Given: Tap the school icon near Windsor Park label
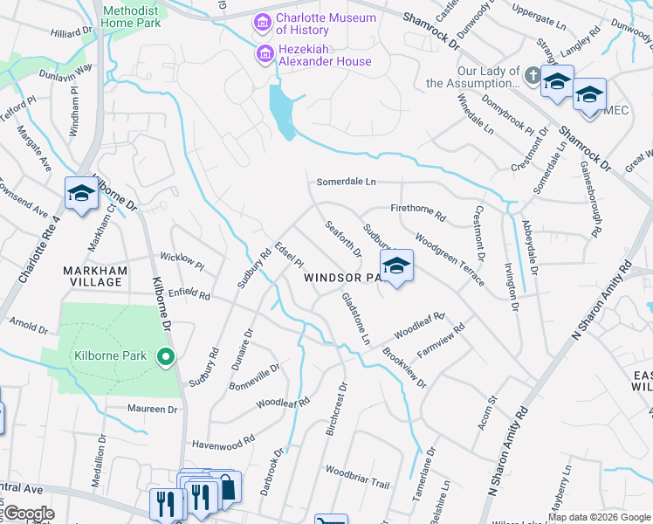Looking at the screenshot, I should (396, 266).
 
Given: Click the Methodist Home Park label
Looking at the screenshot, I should (131, 17).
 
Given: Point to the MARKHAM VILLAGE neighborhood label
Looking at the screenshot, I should (96, 276).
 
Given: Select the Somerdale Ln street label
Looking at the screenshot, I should (346, 182).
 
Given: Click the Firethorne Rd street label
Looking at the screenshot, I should (418, 211).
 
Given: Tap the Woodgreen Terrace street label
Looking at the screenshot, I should (450, 259).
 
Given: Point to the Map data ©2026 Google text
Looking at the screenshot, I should (598, 517).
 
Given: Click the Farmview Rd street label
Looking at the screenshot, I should (442, 337).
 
